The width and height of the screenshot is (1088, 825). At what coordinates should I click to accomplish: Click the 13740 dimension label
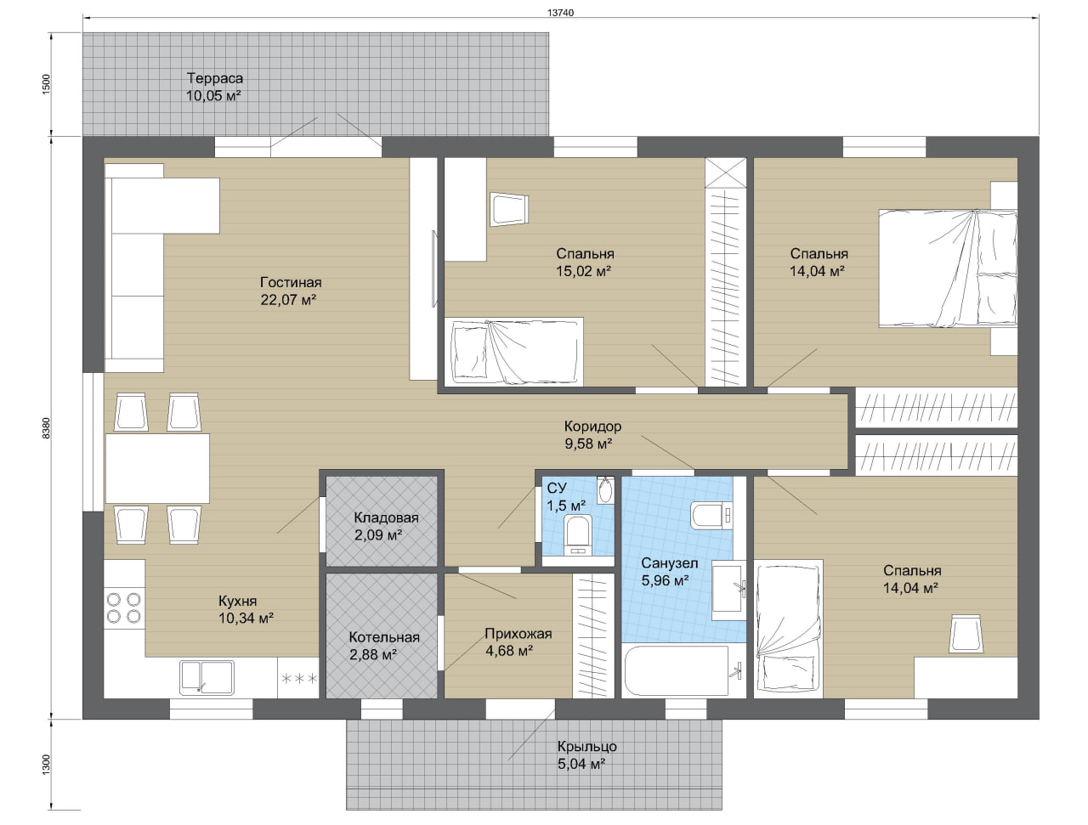[561, 13]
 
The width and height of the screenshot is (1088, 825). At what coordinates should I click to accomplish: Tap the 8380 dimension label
[46, 427]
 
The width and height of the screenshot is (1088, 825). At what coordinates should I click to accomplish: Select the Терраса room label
[215, 78]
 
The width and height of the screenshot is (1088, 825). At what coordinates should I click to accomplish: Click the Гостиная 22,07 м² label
[290, 291]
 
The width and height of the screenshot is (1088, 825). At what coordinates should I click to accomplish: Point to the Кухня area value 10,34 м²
[246, 618]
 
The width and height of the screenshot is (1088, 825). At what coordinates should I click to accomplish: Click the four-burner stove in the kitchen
[124, 608]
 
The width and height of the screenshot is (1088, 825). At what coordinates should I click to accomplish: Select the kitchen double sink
[207, 677]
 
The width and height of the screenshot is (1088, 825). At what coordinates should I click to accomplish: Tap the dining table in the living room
[157, 468]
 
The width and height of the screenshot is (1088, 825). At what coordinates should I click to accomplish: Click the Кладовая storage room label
[386, 517]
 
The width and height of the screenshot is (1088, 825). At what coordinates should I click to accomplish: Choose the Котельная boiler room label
[384, 637]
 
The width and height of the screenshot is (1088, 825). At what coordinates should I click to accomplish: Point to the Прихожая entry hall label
[518, 634]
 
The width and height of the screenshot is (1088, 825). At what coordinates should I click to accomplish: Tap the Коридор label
[592, 427]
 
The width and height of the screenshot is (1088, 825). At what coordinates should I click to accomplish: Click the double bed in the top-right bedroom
[948, 268]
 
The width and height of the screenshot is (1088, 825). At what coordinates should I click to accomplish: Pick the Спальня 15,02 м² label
[584, 263]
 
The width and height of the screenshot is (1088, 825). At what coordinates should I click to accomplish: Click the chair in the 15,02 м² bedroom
[509, 210]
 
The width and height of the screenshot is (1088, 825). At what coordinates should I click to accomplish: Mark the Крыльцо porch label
[586, 746]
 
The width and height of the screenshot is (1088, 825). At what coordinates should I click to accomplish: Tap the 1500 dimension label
[46, 84]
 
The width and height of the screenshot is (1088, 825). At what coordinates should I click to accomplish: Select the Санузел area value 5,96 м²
[666, 580]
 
